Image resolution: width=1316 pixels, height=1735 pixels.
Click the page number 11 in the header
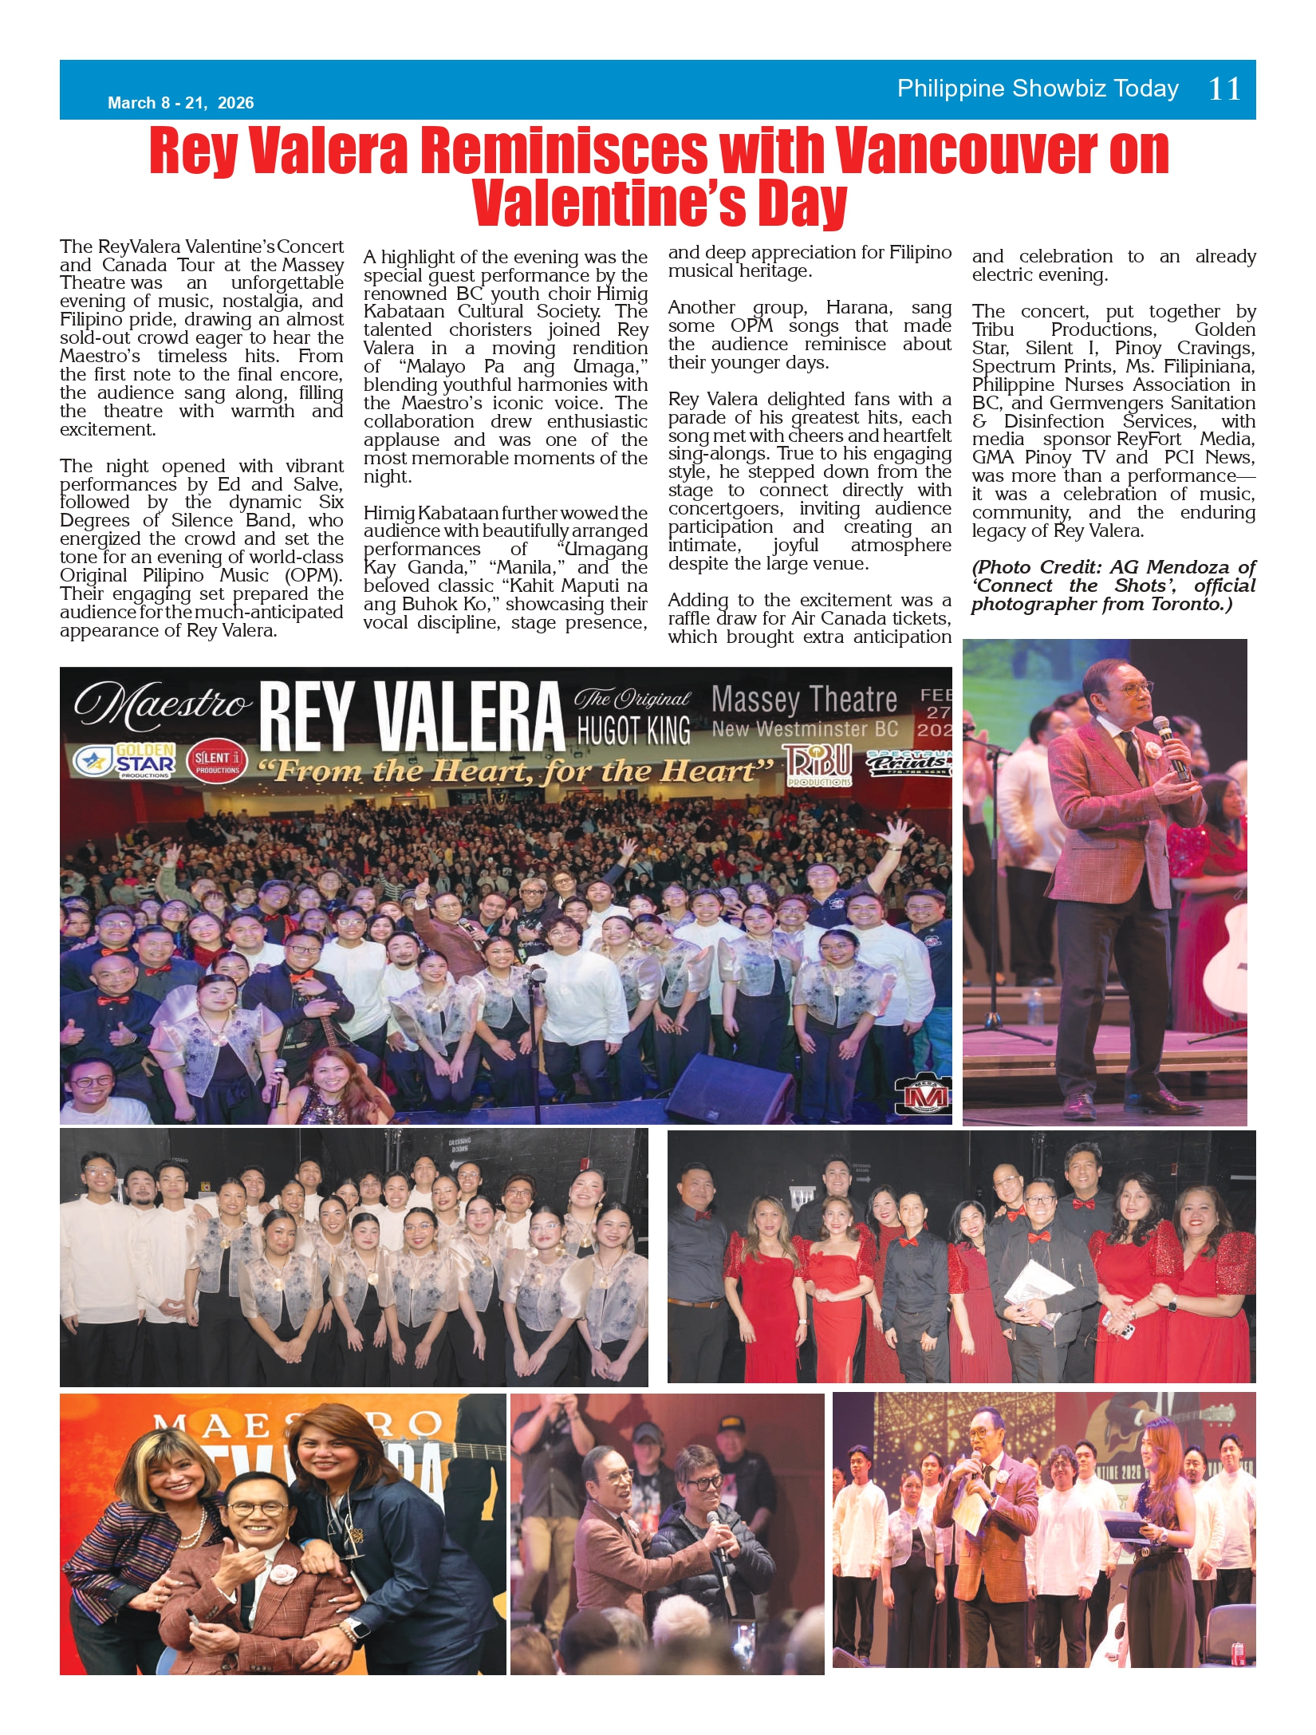point(1224,89)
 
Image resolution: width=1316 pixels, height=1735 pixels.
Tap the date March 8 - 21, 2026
point(181,103)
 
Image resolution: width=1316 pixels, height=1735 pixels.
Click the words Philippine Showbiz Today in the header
point(1038,89)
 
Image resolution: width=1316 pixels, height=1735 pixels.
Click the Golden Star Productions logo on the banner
point(125,761)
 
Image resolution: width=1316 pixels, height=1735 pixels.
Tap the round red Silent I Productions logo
point(217,762)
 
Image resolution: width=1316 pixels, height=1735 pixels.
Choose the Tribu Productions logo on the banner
point(818,764)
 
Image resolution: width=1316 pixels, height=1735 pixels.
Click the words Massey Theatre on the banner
point(804,700)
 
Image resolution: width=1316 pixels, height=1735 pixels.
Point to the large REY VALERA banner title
point(411,716)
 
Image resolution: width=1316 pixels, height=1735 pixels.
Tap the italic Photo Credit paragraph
point(1113,586)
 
